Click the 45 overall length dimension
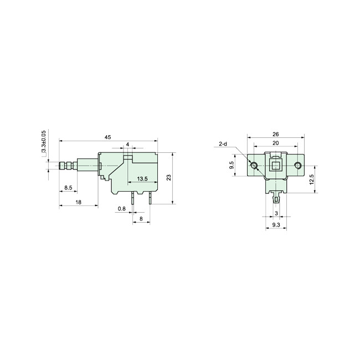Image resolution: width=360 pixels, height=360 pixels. [x=107, y=137]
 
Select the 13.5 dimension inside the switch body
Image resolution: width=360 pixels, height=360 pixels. [x=142, y=179]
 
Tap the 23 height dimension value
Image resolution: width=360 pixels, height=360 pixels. [x=169, y=177]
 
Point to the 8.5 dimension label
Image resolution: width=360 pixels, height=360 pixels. [x=68, y=188]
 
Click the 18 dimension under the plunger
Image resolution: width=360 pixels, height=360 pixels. [x=78, y=202]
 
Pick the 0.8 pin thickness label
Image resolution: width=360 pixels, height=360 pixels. [x=122, y=209]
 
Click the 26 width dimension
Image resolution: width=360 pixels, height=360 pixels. [x=275, y=135]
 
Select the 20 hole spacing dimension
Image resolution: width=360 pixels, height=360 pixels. [x=275, y=143]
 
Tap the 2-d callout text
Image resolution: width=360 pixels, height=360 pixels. [x=223, y=144]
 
